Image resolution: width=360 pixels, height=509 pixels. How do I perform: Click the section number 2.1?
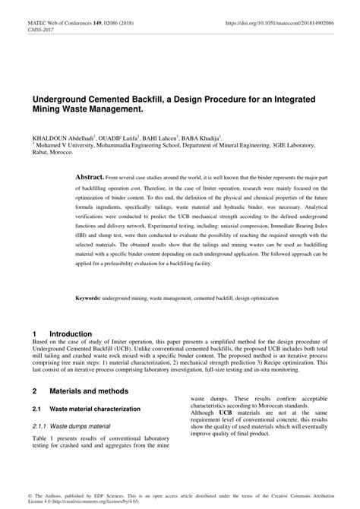pyautogui.click(x=36, y=409)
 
